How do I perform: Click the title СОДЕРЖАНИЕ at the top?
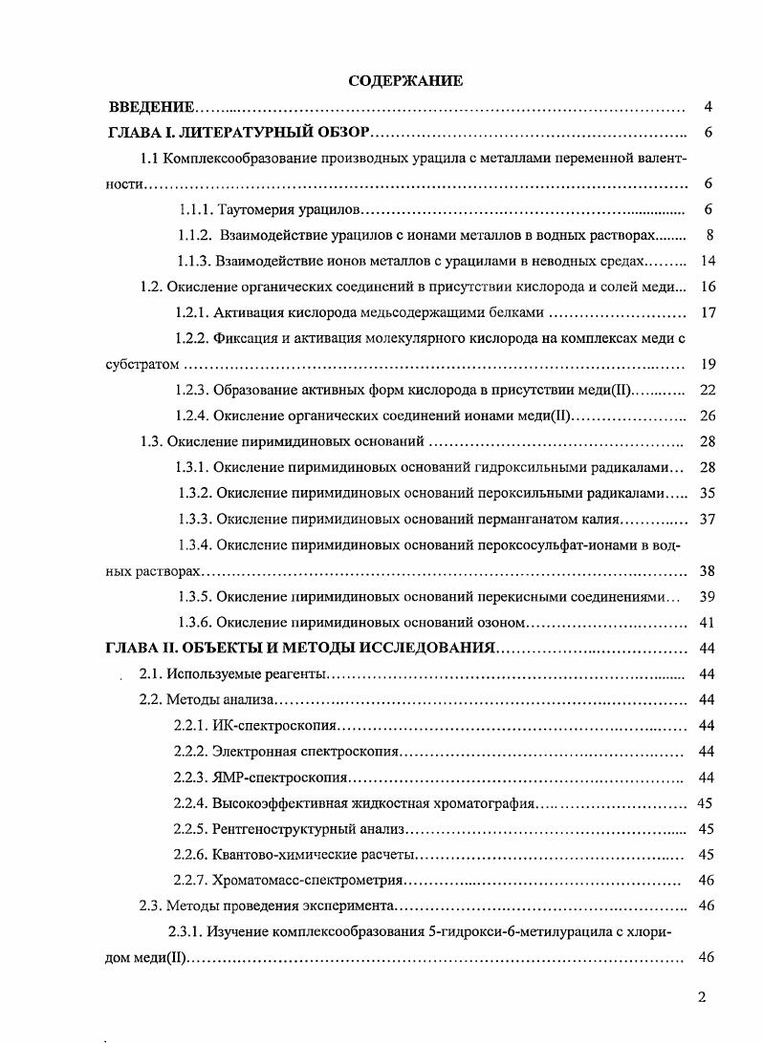[405, 81]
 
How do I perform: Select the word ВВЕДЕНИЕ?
[152, 107]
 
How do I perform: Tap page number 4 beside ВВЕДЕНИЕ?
[707, 107]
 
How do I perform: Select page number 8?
[707, 235]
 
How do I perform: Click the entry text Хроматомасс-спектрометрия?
[308, 880]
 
